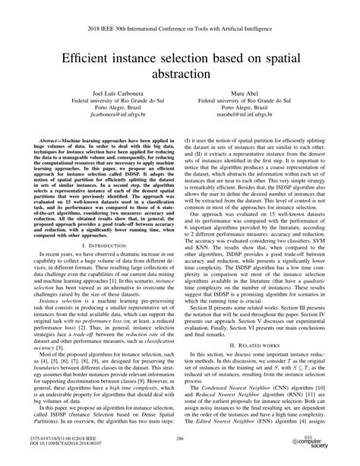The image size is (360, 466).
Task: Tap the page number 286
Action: click(x=180, y=439)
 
